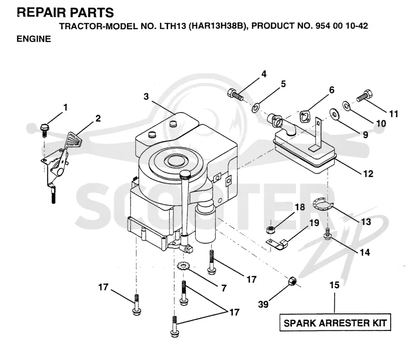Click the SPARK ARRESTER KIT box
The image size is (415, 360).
(335, 323)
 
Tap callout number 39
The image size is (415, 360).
(263, 304)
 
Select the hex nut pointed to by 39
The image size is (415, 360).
(292, 281)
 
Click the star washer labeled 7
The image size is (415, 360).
(182, 266)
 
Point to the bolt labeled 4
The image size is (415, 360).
(236, 95)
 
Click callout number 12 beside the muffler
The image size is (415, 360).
(368, 174)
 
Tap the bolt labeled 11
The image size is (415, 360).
(365, 95)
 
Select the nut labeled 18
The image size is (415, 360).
(270, 229)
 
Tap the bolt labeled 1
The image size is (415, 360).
(45, 130)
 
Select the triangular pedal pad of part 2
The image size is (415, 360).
(74, 140)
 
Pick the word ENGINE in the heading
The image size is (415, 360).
(34, 39)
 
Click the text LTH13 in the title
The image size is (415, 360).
(173, 26)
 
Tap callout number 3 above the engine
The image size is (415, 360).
(146, 96)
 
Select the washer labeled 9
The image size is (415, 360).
(335, 114)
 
